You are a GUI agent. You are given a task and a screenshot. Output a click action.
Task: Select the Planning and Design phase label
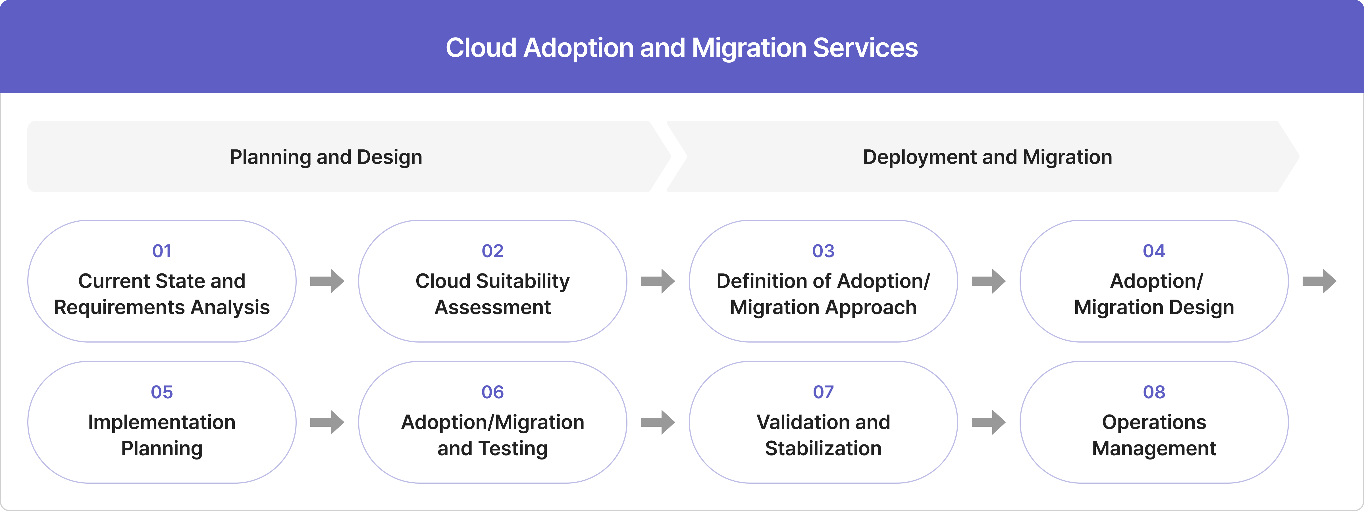pos(326,157)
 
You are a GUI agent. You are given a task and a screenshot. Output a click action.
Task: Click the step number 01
pos(161,251)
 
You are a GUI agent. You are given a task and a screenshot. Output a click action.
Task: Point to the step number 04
pos(1154,251)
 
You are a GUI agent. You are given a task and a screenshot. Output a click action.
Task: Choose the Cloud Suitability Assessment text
pos(492,294)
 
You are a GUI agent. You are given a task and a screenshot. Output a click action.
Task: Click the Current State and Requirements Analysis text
pos(161,294)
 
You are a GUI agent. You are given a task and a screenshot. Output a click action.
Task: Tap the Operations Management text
pos(1154,435)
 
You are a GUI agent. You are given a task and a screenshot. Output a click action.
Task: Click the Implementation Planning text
pos(161,435)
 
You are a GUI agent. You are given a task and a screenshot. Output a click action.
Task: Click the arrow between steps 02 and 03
pos(658,281)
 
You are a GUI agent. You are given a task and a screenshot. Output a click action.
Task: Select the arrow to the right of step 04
pos(1319,281)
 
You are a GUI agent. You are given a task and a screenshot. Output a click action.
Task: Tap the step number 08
pos(1154,392)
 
